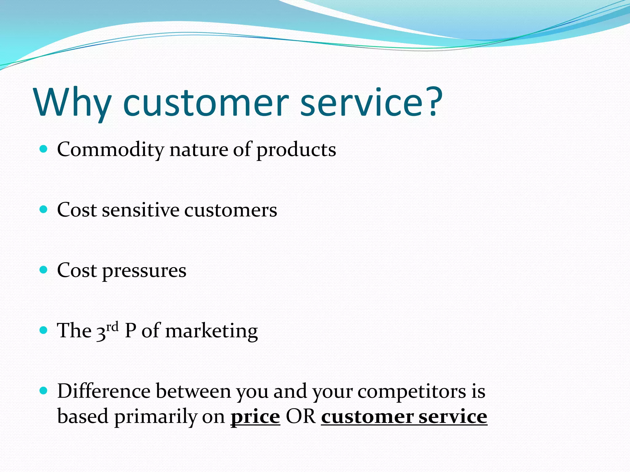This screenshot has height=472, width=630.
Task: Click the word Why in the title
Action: pyautogui.click(x=73, y=103)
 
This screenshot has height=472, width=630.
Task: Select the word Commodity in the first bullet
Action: pyautogui.click(x=111, y=150)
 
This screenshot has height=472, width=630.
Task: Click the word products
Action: pyautogui.click(x=296, y=150)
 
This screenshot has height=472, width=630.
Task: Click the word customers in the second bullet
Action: pyautogui.click(x=231, y=211)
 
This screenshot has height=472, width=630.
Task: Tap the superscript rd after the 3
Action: pyautogui.click(x=112, y=327)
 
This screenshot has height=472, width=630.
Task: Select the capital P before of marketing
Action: pyautogui.click(x=130, y=331)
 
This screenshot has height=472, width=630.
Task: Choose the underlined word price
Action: pyautogui.click(x=255, y=418)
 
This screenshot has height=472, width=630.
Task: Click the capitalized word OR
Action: pyautogui.click(x=301, y=417)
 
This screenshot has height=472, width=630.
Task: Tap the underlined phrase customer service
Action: pyautogui.click(x=404, y=417)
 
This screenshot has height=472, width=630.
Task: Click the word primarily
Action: pyautogui.click(x=156, y=418)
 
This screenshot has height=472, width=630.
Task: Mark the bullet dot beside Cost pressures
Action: pyautogui.click(x=44, y=270)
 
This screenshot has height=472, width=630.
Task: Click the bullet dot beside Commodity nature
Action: pyautogui.click(x=44, y=149)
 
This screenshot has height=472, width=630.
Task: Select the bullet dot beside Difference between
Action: pyautogui.click(x=44, y=391)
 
